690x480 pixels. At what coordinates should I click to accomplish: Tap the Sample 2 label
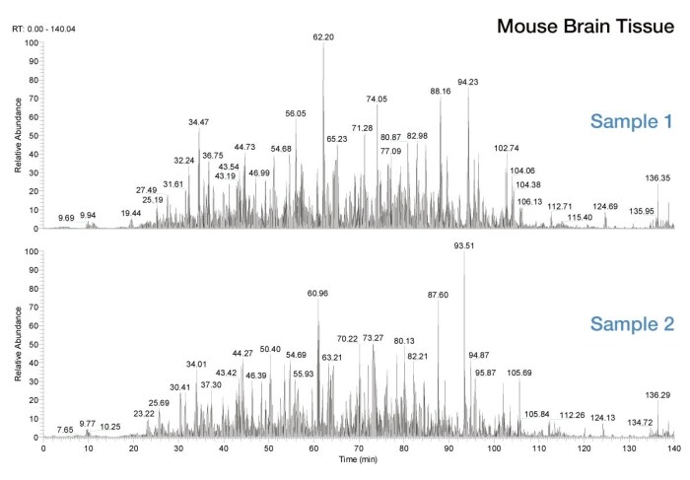[631, 323]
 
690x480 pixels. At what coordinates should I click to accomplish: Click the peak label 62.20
[324, 36]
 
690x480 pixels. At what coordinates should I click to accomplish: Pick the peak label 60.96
[318, 293]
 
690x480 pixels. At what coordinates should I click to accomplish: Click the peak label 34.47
[199, 122]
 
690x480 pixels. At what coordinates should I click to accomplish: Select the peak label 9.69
[66, 216]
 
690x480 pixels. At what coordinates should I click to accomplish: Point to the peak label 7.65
[65, 430]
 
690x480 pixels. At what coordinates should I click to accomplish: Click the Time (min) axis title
[358, 460]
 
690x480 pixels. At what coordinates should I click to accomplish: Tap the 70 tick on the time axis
[359, 448]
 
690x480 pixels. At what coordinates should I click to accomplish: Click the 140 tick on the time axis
[674, 448]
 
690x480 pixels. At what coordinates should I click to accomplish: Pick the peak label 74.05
[377, 99]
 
